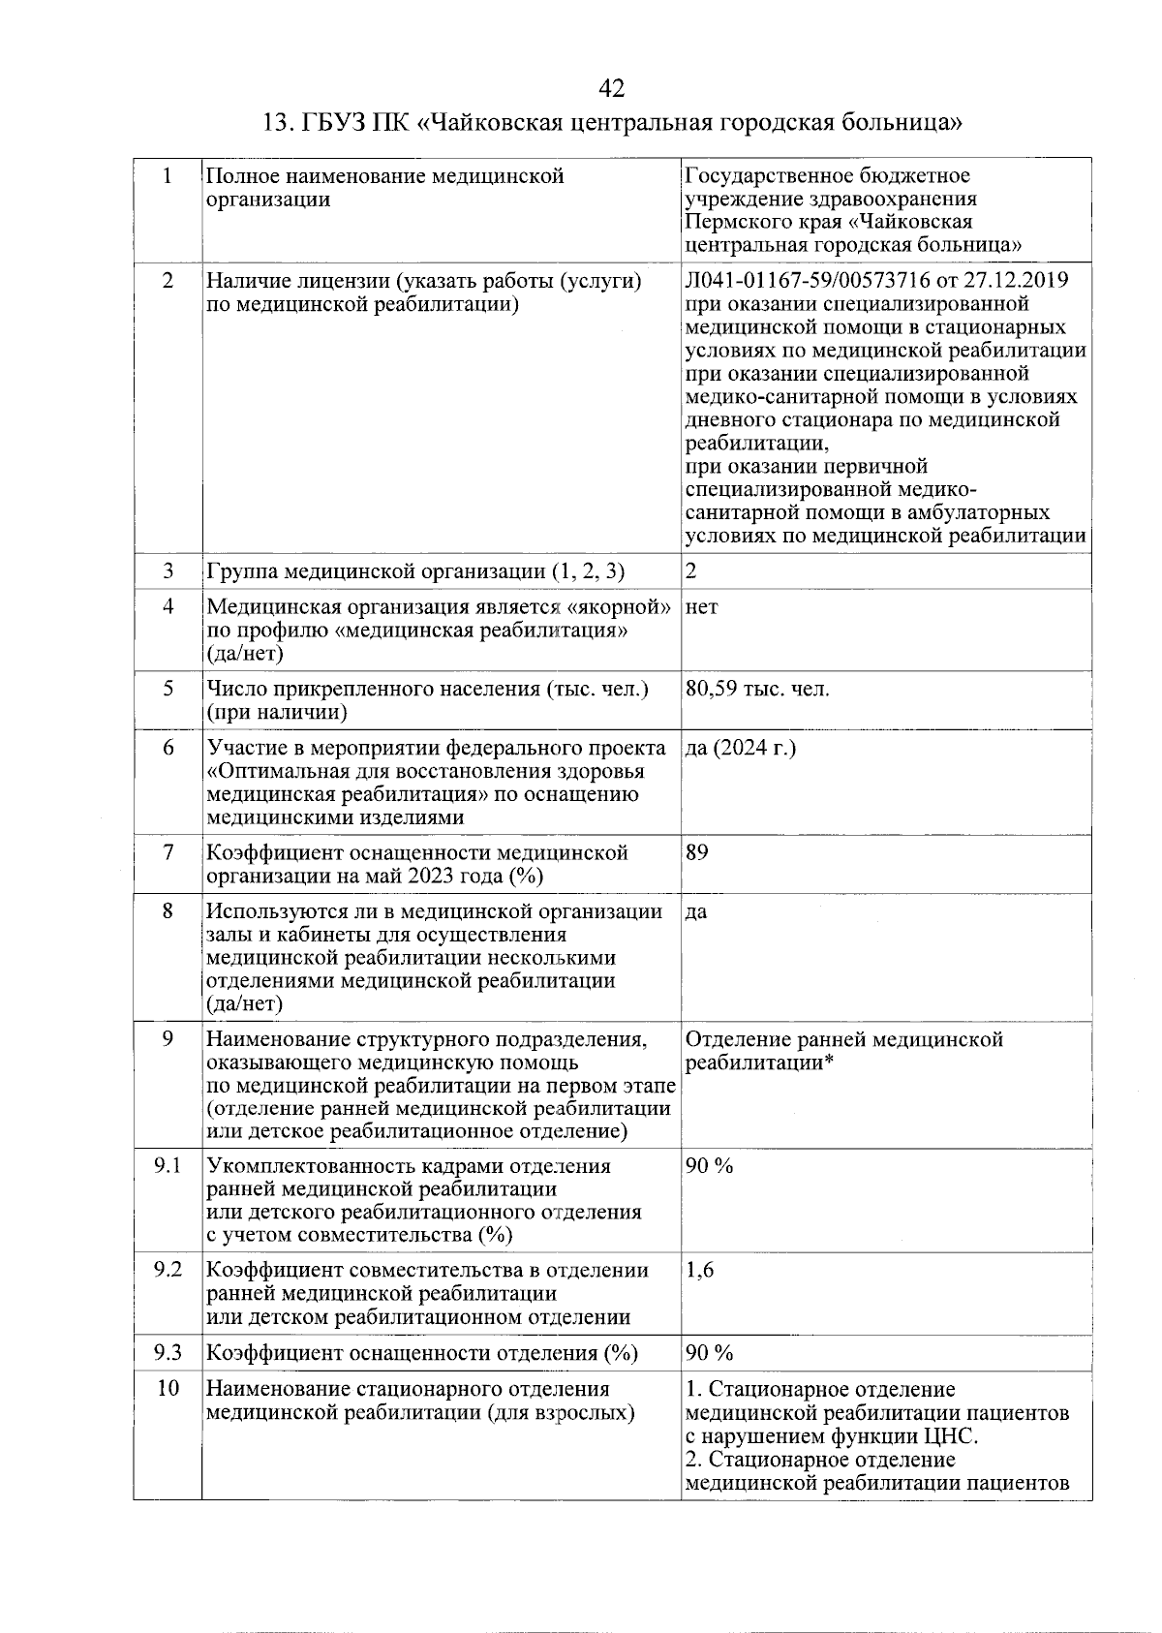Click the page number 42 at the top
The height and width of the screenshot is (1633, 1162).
click(611, 89)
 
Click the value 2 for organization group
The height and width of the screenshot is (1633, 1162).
click(690, 571)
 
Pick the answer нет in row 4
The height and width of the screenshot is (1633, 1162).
click(702, 608)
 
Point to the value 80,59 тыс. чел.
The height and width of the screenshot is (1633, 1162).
click(757, 690)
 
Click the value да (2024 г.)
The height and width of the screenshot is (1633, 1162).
click(741, 749)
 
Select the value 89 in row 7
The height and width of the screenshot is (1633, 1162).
click(696, 852)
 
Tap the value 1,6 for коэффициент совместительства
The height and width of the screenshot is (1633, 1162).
click(699, 1271)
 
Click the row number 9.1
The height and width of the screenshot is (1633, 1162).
click(168, 1166)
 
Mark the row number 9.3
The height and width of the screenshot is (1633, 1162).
click(168, 1353)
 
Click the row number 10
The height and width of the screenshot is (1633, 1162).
click(168, 1389)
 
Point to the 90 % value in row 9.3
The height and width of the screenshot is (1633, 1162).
click(709, 1353)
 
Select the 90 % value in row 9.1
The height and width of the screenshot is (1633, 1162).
click(709, 1166)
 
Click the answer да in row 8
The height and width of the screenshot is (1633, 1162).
click(696, 912)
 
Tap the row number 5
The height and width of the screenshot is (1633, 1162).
click(168, 690)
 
